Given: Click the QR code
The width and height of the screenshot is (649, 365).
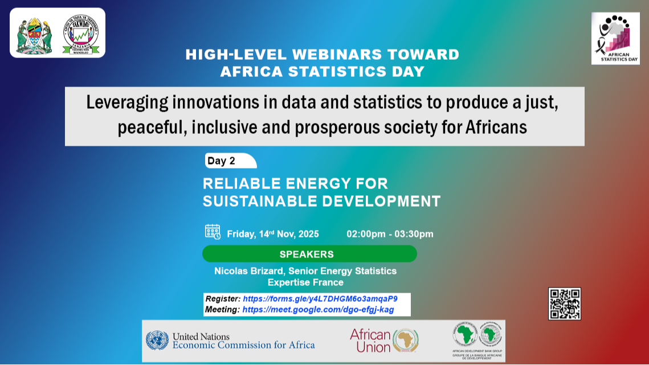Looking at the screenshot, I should (x=564, y=304).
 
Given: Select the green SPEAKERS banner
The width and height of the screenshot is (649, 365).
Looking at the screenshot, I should (x=309, y=254).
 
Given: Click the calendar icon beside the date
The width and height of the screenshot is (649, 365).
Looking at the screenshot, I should (x=213, y=232).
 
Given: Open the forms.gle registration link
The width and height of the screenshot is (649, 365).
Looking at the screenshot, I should (x=320, y=298).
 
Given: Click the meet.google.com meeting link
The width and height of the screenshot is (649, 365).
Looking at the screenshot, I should (x=318, y=310).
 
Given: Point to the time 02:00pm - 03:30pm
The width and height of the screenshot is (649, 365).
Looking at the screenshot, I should (x=390, y=234).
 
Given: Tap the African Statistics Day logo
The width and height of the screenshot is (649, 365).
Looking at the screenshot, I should (x=615, y=38).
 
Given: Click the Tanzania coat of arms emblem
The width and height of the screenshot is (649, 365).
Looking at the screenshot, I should (x=34, y=34).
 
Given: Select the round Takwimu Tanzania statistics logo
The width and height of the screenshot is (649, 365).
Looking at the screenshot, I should (x=80, y=34).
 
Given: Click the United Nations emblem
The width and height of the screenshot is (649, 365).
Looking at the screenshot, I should (x=157, y=341).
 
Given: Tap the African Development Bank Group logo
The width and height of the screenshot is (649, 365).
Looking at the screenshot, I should (x=477, y=340).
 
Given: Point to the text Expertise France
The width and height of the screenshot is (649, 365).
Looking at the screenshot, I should (x=305, y=282).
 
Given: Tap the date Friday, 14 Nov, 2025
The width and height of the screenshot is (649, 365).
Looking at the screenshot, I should (x=273, y=234).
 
